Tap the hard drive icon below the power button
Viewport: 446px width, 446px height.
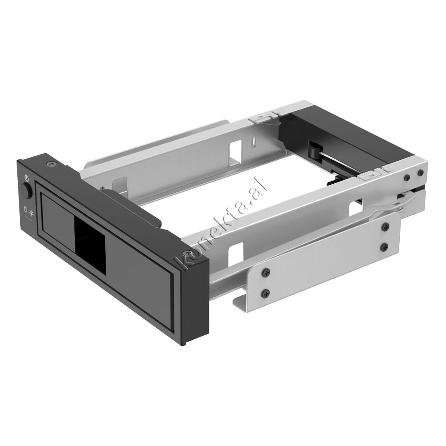pos(26,209)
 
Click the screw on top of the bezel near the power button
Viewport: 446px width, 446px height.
pos(52,164)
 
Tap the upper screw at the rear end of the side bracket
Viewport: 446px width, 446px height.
pos(385,225)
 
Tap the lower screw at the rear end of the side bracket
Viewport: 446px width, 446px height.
pos(385,247)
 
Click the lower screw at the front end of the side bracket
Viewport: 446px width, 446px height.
pos(265,293)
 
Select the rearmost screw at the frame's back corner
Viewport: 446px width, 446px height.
pos(420,173)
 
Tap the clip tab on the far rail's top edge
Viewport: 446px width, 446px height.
pos(260,118)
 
